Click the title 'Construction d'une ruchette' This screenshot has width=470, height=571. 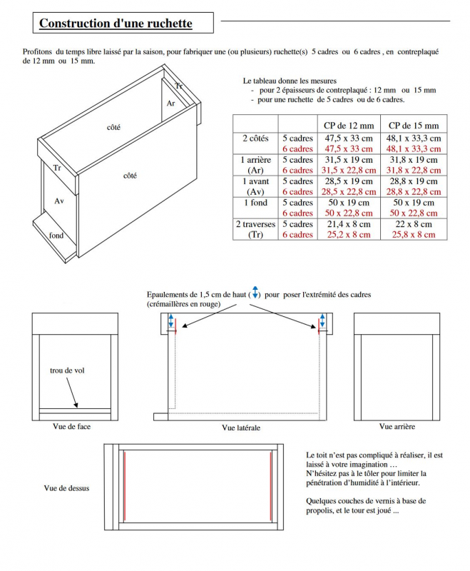click(x=116, y=24)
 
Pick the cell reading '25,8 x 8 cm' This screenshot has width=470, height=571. click(x=414, y=234)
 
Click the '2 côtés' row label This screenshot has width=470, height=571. click(x=255, y=138)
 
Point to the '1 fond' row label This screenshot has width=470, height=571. click(x=255, y=203)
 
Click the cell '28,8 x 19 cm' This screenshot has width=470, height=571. click(x=414, y=181)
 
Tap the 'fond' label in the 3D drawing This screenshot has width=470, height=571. click(x=56, y=235)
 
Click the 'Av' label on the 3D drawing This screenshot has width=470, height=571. click(x=59, y=202)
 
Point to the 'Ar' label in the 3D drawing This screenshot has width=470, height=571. click(x=170, y=103)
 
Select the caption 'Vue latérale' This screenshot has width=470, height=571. click(x=241, y=428)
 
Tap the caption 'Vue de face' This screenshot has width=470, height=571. click(x=71, y=426)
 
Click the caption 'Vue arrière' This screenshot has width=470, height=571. click(x=397, y=426)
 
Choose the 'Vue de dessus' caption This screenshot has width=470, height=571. click(x=65, y=488)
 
